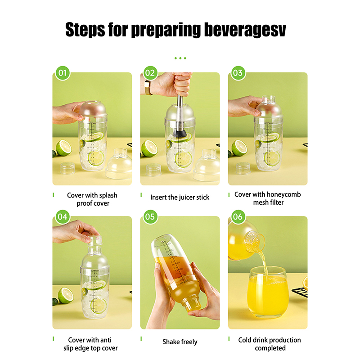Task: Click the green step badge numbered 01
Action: pos(63,73)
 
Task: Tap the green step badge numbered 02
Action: pos(150,73)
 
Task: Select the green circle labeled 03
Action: pos(238,73)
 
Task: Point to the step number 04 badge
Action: pos(63,217)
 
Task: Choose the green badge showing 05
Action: pos(150,217)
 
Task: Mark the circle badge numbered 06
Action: pos(238,217)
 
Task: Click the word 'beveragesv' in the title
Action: pos(245,30)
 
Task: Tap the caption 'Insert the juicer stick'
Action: pos(180,198)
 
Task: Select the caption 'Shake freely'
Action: pos(180,342)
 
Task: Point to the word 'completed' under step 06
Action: pos(270,348)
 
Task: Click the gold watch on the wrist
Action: pos(148,87)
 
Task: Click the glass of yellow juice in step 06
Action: pos(268,292)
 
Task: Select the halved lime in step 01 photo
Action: pos(63,148)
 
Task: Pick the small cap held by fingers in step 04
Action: pos(94,240)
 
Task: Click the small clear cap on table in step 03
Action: pos(243,168)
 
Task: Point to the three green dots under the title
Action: pos(180,58)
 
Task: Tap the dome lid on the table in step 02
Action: pos(207,165)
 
